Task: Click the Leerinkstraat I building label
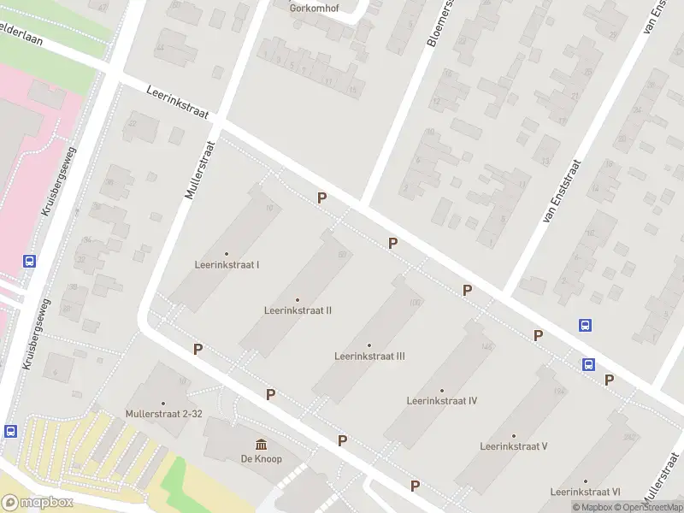pyautogui.click(x=227, y=265)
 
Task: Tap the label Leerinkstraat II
pyautogui.click(x=298, y=310)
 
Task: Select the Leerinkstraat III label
pyautogui.click(x=369, y=357)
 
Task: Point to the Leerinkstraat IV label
pyautogui.click(x=441, y=401)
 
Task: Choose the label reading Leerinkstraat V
pyautogui.click(x=513, y=446)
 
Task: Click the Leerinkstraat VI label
pyautogui.click(x=585, y=492)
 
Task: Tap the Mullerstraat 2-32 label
pyautogui.click(x=162, y=414)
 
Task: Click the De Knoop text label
pyautogui.click(x=261, y=459)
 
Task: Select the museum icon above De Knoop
pyautogui.click(x=261, y=445)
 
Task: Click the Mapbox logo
pyautogui.click(x=37, y=503)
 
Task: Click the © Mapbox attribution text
pyautogui.click(x=593, y=507)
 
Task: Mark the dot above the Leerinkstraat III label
pyautogui.click(x=369, y=345)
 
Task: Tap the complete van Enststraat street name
pyautogui.click(x=561, y=192)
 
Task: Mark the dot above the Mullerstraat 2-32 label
pyautogui.click(x=162, y=404)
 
